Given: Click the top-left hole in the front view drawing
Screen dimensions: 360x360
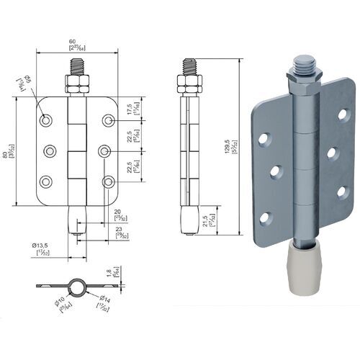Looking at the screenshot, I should click(x=45, y=120).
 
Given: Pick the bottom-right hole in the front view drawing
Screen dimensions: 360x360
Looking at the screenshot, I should click(x=108, y=181).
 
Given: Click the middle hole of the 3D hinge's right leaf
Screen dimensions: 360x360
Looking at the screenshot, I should click(x=332, y=152).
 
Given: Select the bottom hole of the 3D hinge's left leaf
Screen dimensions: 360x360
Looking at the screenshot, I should click(x=266, y=217).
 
